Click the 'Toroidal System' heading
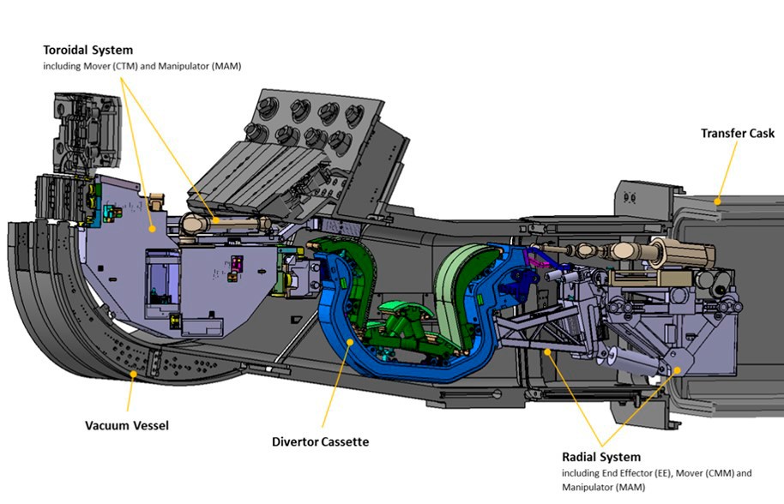point(88,50)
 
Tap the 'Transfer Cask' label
point(737,133)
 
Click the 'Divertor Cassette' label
point(321,441)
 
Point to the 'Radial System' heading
point(601,457)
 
